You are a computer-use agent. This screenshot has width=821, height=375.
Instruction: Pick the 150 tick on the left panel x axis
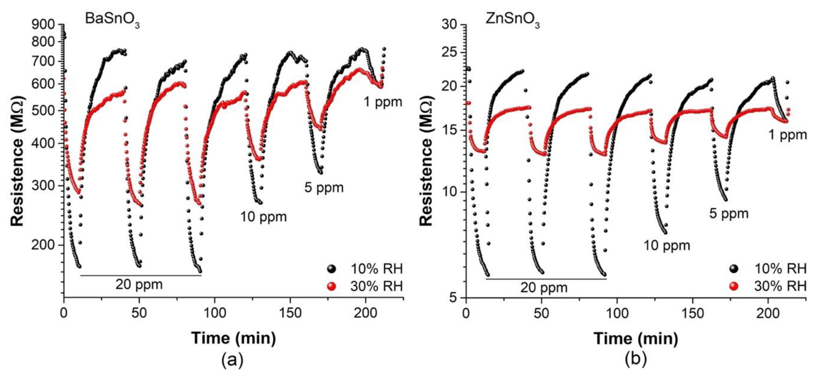pyautogui.click(x=290, y=313)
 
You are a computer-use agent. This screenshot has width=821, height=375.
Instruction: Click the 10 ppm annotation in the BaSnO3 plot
pyautogui.click(x=263, y=217)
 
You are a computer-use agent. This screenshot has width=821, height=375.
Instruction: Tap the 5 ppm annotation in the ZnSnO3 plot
pyautogui.click(x=729, y=214)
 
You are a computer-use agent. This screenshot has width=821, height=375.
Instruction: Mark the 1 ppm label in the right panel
pyautogui.click(x=788, y=135)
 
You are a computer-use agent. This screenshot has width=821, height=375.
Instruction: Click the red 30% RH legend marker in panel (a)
pyautogui.click(x=331, y=286)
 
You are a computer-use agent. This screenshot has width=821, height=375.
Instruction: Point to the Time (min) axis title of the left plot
pyautogui.click(x=233, y=338)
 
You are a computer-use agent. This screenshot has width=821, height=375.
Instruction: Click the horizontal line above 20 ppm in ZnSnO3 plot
pyautogui.click(x=546, y=279)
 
